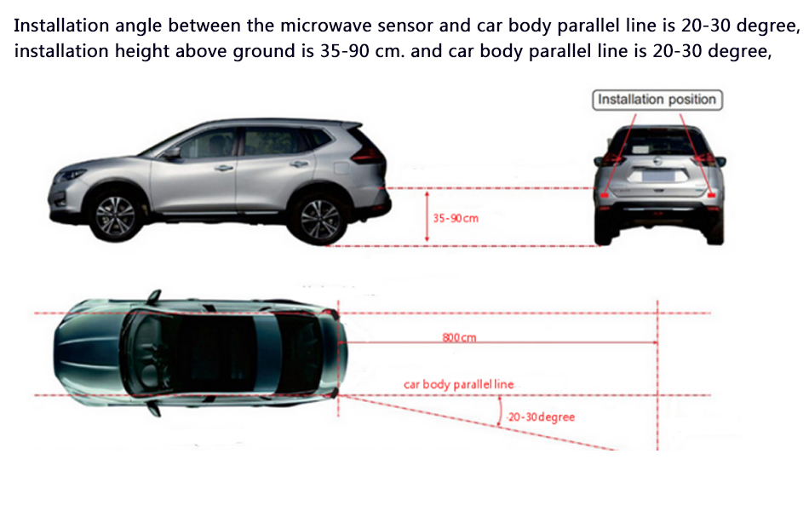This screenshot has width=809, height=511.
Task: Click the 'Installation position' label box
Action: click(657, 100)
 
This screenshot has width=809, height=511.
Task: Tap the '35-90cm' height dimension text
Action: click(456, 218)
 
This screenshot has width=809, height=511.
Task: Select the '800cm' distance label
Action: click(459, 337)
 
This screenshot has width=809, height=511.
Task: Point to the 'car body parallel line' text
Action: click(458, 384)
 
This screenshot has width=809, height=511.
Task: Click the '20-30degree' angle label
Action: click(541, 417)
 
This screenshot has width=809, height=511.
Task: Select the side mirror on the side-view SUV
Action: click(173, 154)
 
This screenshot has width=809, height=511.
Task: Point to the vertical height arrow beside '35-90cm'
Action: click(427, 218)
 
